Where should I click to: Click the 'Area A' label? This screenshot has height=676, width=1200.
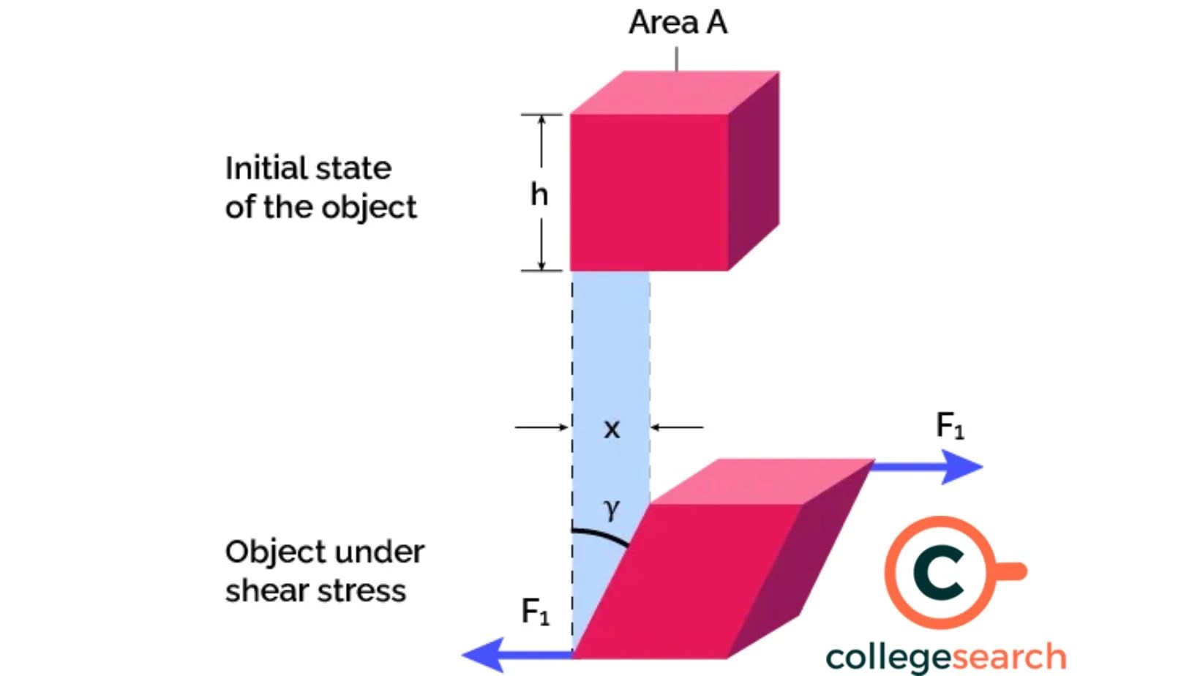click(x=678, y=22)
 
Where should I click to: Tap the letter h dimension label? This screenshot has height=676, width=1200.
click(x=539, y=194)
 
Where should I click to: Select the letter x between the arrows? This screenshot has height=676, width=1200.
click(x=612, y=429)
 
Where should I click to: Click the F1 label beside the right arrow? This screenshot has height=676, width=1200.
click(x=950, y=425)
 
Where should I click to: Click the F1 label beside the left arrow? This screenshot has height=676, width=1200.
click(x=535, y=612)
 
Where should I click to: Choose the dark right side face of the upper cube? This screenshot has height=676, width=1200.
click(x=754, y=172)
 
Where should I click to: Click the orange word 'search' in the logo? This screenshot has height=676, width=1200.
click(x=1006, y=657)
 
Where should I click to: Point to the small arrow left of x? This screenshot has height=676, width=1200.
click(x=541, y=427)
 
